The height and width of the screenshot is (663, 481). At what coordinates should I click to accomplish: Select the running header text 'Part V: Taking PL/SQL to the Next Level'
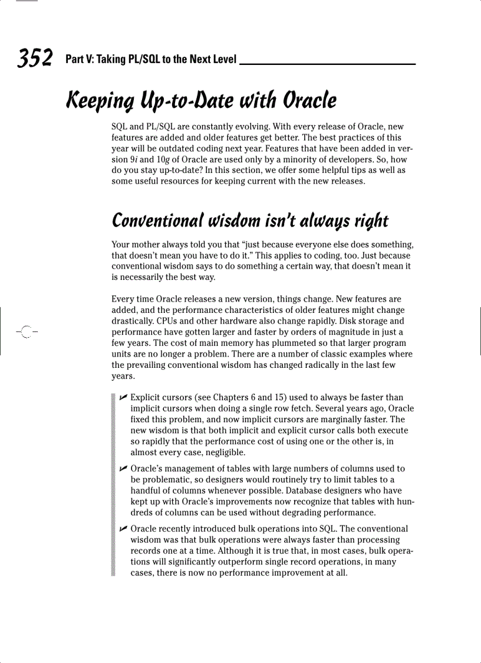pos(151,60)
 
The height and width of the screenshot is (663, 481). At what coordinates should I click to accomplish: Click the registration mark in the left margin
pos(24,331)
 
